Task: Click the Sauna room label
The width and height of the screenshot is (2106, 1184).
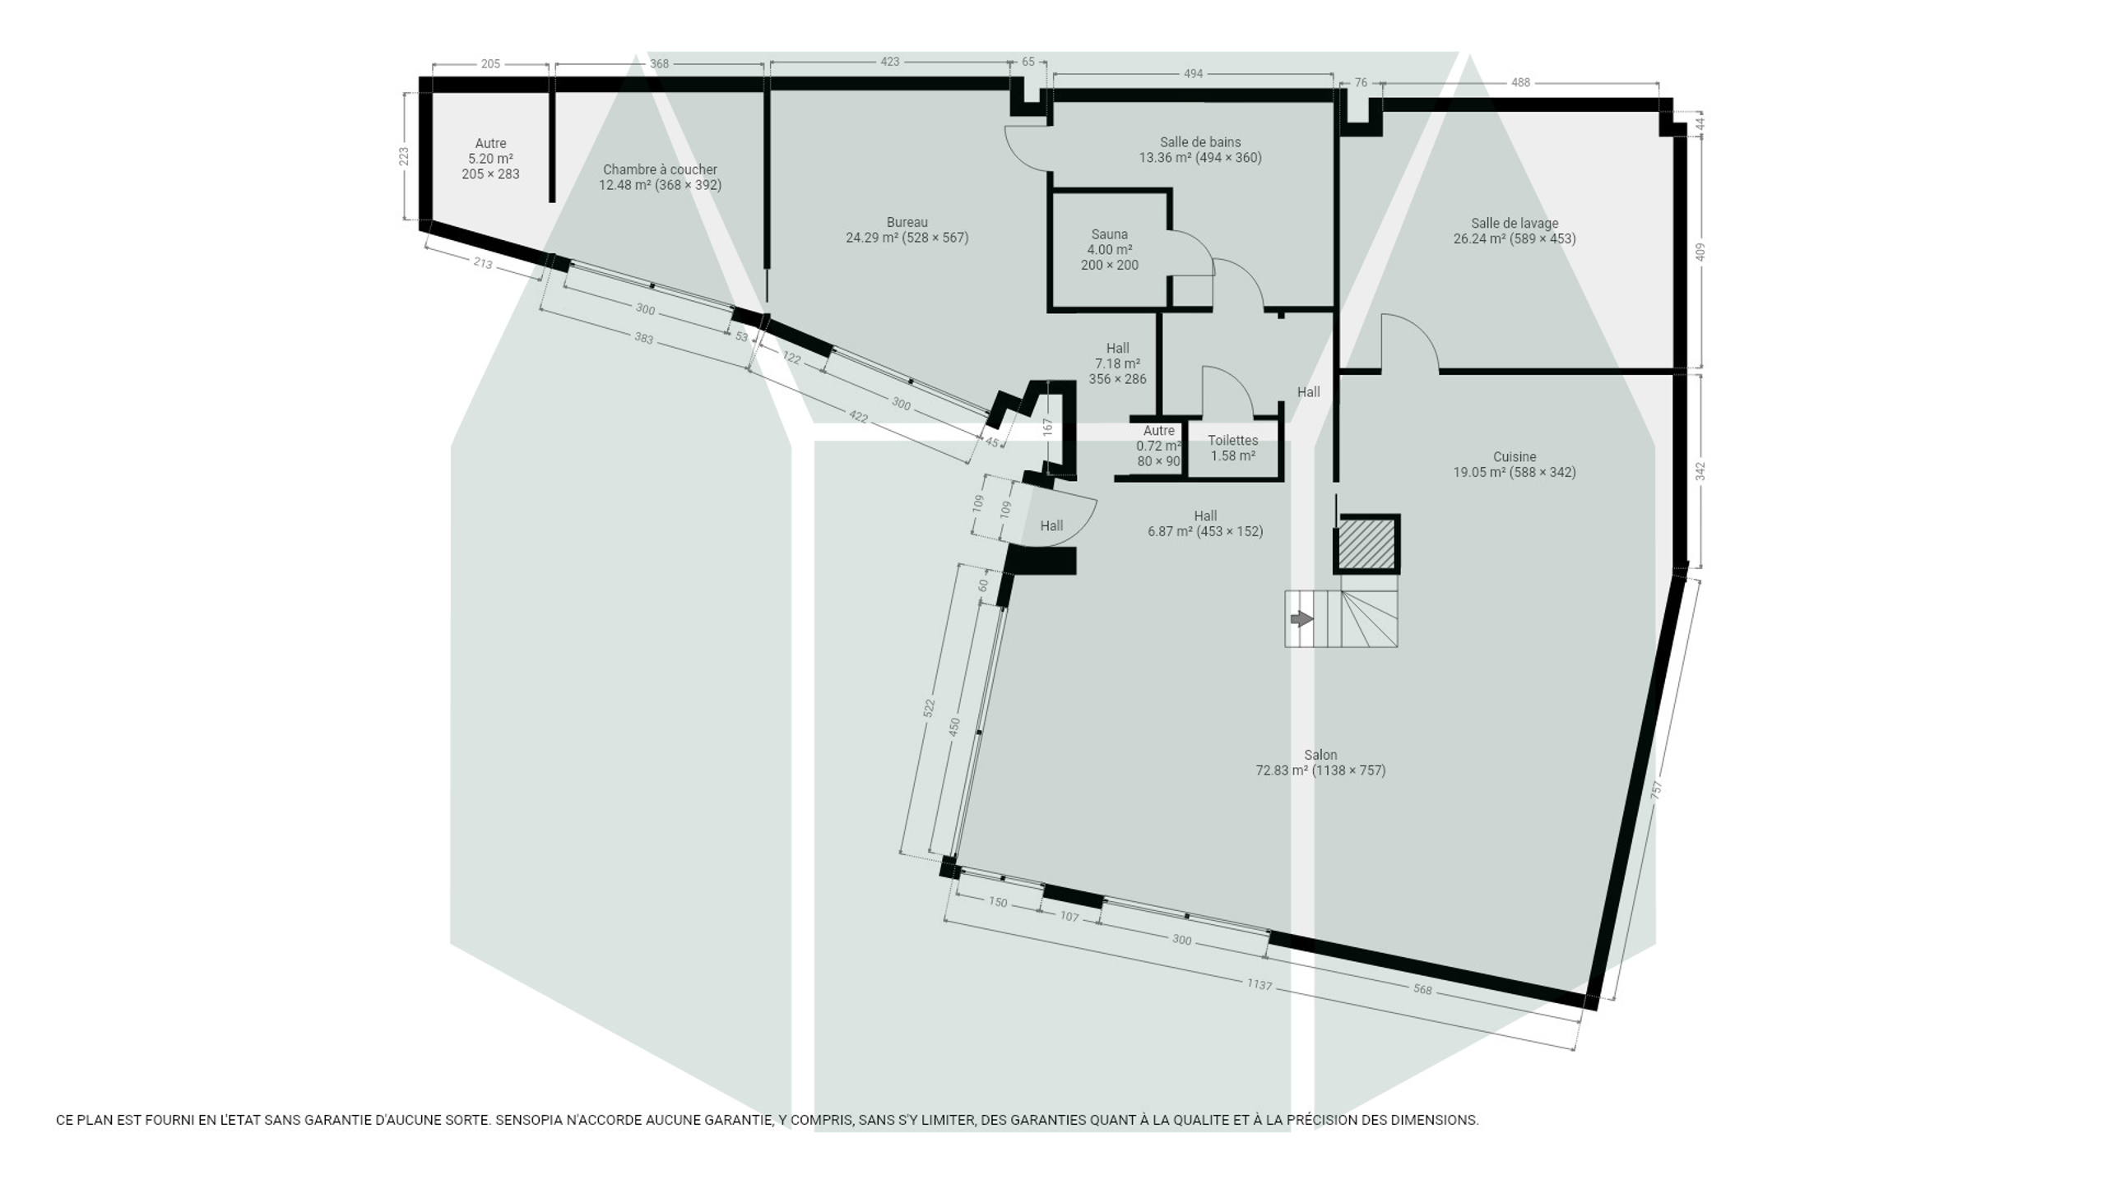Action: pyautogui.click(x=1109, y=234)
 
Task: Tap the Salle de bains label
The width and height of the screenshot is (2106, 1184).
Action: pyautogui.click(x=1200, y=142)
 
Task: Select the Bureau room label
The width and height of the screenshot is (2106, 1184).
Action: pyautogui.click(x=907, y=222)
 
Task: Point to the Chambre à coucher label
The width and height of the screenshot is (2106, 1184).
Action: pyautogui.click(x=660, y=169)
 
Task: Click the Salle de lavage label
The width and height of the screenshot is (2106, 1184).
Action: pyautogui.click(x=1515, y=223)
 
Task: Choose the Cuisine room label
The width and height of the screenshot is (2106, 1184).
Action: pyautogui.click(x=1515, y=456)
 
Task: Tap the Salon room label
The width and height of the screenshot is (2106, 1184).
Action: pyautogui.click(x=1320, y=755)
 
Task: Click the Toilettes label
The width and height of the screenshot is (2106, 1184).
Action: pyautogui.click(x=1232, y=440)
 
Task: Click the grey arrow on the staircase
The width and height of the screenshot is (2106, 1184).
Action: pyautogui.click(x=1301, y=618)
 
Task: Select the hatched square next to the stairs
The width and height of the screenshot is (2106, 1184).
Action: pyautogui.click(x=1367, y=543)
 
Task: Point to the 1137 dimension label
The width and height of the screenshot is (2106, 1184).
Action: pyautogui.click(x=1259, y=984)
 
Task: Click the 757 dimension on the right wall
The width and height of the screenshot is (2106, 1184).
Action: pyautogui.click(x=1657, y=789)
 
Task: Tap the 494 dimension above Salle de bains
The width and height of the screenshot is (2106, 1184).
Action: pyautogui.click(x=1193, y=74)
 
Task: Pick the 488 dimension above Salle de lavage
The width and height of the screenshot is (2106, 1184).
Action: pyautogui.click(x=1520, y=82)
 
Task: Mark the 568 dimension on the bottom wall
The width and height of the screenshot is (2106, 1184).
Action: pyautogui.click(x=1422, y=989)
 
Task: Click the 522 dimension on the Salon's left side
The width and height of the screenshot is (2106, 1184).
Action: pyautogui.click(x=929, y=708)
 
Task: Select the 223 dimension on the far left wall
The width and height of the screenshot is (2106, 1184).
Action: pyautogui.click(x=404, y=155)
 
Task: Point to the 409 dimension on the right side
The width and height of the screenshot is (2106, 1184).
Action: pyautogui.click(x=1700, y=252)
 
